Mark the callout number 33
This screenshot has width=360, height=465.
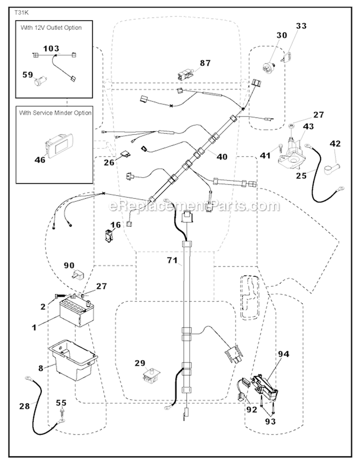pyautogui.click(x=301, y=25)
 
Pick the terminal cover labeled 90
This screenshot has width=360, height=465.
pyautogui.click(x=78, y=275)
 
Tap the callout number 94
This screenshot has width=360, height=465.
pyautogui.click(x=284, y=355)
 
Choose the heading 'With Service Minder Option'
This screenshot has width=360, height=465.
pyautogui.click(x=55, y=112)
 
